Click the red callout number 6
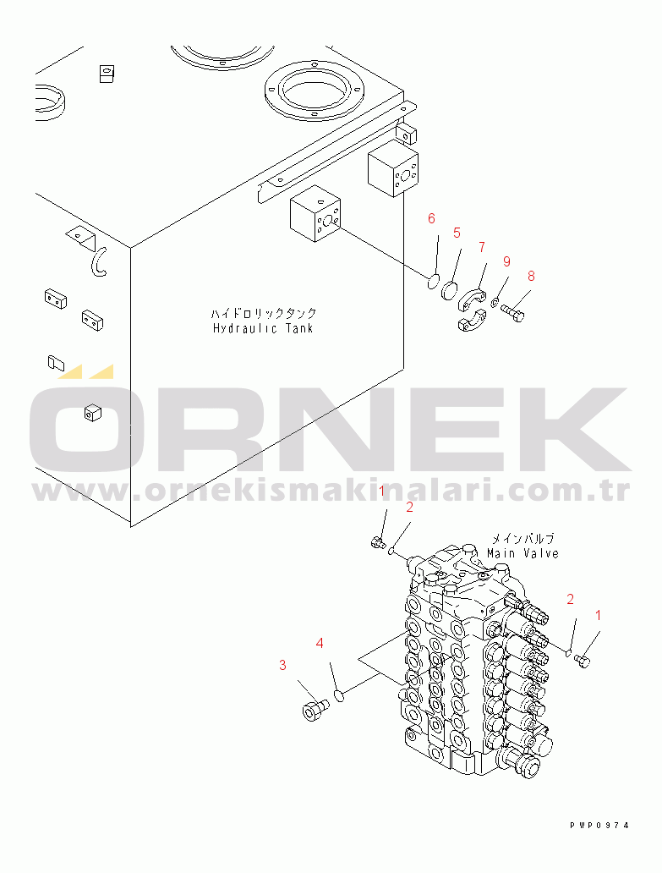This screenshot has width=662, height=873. tap(431, 219)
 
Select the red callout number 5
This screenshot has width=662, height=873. tap(456, 233)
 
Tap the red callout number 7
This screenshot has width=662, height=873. tap(481, 247)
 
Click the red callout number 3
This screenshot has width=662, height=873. tap(283, 665)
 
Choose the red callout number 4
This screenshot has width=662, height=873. tap(320, 644)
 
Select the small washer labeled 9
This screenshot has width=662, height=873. tap(495, 303)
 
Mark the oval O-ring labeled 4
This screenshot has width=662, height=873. tap(339, 695)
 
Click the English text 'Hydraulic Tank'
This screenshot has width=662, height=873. tap(262, 328)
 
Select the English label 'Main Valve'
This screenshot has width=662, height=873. tap(522, 553)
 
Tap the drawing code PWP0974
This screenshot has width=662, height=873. tap(599, 826)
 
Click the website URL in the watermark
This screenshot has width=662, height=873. tap(331, 491)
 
